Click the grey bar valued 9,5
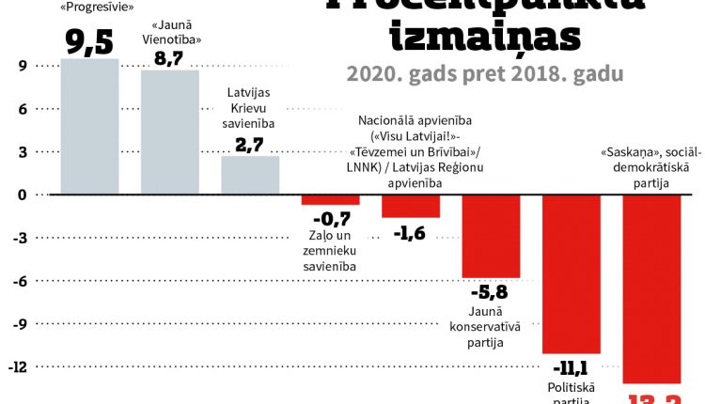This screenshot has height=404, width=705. coord(89,126)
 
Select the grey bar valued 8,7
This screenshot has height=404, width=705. coord(170,132)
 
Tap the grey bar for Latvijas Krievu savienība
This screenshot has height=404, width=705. coord(250,175)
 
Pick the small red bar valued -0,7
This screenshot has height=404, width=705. coord(330,199)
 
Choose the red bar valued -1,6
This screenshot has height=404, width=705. coord(411,206)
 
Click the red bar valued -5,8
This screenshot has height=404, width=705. coord(491,236)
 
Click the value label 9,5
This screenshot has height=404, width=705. coord(90,42)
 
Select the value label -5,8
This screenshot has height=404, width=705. coord(490,291)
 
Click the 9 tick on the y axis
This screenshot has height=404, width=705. coord(22,66)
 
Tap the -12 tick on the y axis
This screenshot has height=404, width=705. coord(18,366)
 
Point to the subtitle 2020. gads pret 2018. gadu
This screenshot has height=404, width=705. coord(484,74)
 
